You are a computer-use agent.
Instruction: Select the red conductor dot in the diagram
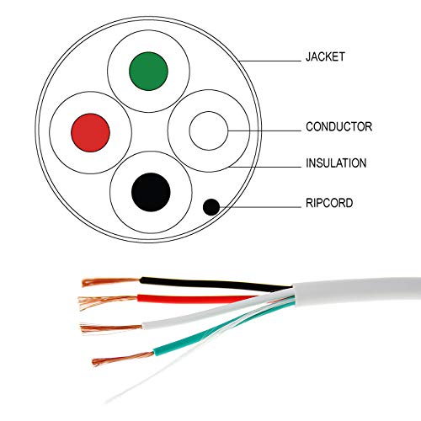click(92, 131)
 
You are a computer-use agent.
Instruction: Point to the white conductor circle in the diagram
click(208, 131)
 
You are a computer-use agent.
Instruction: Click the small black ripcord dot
click(210, 205)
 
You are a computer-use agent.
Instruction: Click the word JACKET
click(325, 59)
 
